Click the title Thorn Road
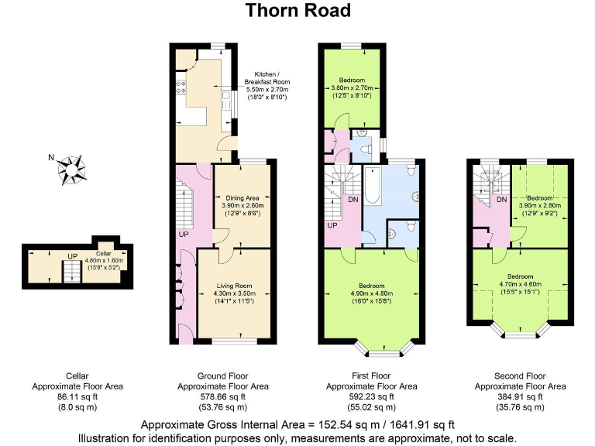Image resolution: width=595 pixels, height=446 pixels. click(297, 10)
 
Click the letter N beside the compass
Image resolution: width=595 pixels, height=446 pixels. click(50, 158)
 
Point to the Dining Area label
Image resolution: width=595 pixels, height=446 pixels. click(242, 198)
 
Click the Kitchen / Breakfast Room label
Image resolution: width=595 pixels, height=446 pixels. click(267, 77)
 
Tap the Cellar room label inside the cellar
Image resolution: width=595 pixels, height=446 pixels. click(104, 253)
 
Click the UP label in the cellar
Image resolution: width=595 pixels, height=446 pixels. click(71, 256)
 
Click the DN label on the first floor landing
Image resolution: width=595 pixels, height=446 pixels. click(353, 199)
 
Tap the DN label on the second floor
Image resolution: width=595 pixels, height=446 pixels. click(501, 199)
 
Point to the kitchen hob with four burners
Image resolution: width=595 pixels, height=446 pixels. click(181, 87)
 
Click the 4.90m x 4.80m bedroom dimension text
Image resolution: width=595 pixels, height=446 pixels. click(373, 293)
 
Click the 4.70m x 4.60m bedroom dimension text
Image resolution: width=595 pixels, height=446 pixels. click(520, 284)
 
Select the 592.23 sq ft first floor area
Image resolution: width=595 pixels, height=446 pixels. click(372, 396)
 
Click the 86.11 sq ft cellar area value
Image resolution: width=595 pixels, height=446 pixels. click(77, 396)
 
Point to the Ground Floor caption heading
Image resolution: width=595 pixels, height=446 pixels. click(223, 375)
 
